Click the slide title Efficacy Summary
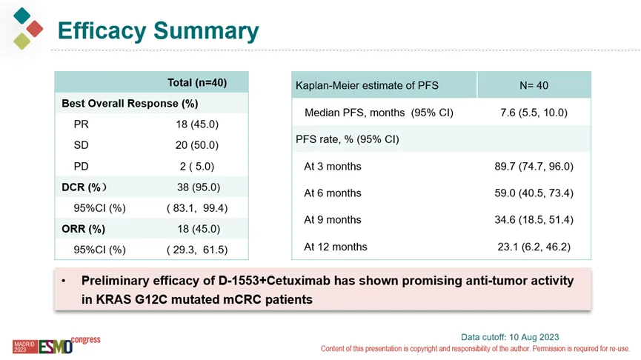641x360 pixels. tap(158, 31)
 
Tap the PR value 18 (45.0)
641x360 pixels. tap(197, 124)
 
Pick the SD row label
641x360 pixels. tap(82, 145)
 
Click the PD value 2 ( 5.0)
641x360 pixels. tap(197, 167)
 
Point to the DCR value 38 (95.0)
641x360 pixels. tap(197, 187)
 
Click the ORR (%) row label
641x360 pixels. tap(83, 229)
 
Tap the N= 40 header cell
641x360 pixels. tap(534, 85)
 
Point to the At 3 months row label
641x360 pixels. tap(333, 167)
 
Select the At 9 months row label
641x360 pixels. tap(333, 220)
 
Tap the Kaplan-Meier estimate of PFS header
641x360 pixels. tap(367, 85)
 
